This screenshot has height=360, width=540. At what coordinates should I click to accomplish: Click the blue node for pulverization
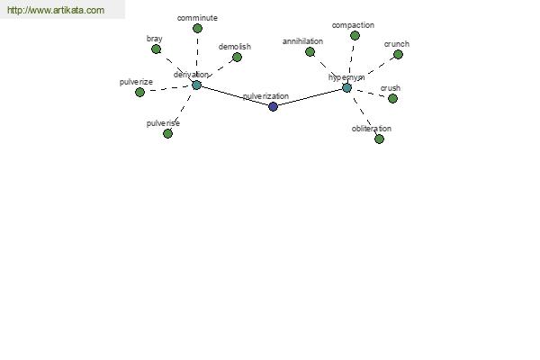tap(273, 106)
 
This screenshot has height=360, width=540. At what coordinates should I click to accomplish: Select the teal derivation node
tap(196, 85)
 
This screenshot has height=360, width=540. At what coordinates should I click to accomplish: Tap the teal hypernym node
tap(346, 88)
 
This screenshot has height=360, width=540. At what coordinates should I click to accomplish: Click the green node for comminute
tap(197, 28)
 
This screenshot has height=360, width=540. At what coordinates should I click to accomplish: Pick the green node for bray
tap(156, 49)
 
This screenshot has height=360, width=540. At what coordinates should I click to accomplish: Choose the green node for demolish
tap(237, 58)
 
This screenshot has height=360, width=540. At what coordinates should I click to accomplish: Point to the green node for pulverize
tap(139, 92)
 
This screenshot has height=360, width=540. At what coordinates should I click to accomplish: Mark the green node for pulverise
tap(167, 133)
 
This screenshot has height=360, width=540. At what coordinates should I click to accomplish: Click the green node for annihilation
tap(310, 51)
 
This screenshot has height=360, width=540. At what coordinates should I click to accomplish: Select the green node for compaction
tap(355, 35)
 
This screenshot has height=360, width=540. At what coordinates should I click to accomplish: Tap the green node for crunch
tap(398, 54)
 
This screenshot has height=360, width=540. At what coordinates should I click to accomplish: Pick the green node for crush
tap(392, 98)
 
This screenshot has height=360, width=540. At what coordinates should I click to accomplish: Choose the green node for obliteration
tap(379, 139)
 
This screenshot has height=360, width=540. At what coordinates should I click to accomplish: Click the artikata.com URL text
tap(56, 10)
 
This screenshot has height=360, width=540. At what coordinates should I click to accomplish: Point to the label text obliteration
tap(371, 129)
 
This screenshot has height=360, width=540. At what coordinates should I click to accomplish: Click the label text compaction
tap(353, 25)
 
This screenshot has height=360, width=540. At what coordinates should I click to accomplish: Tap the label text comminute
tap(197, 18)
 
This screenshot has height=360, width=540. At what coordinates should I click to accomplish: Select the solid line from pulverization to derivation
tap(235, 95)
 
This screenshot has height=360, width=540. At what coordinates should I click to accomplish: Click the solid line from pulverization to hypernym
tap(310, 97)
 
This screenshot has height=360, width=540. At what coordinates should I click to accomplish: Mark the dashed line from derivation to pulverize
tap(168, 88)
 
